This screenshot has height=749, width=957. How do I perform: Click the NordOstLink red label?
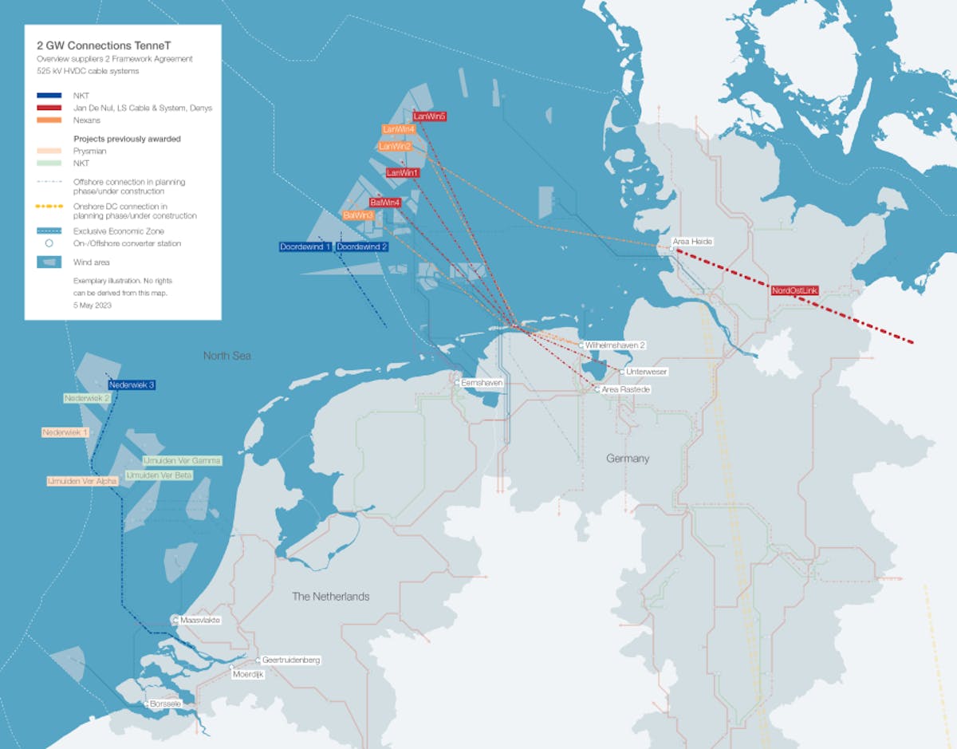[794, 291]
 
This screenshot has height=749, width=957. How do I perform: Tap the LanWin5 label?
[429, 116]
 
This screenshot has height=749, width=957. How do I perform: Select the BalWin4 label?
[385, 203]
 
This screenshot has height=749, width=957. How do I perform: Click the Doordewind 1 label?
[305, 247]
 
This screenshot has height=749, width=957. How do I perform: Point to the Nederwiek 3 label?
[132, 384]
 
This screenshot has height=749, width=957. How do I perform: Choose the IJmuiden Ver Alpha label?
[82, 481]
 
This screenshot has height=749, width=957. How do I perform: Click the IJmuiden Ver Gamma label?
[183, 460]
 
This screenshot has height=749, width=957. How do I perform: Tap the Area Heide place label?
[692, 241]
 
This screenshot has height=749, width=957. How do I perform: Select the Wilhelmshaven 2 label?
[615, 345]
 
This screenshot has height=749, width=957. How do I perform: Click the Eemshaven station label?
[482, 383]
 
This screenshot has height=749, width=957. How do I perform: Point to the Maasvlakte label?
[200, 620]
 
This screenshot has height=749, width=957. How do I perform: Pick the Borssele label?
[165, 704]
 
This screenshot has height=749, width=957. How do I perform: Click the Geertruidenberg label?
[291, 660]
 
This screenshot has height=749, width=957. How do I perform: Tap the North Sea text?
[226, 356]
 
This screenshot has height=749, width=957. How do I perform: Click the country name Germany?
[628, 459]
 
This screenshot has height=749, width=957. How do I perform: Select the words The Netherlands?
[330, 597]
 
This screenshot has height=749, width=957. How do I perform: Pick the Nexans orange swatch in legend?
[49, 120]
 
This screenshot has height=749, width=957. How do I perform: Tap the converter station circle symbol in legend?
[49, 243]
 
